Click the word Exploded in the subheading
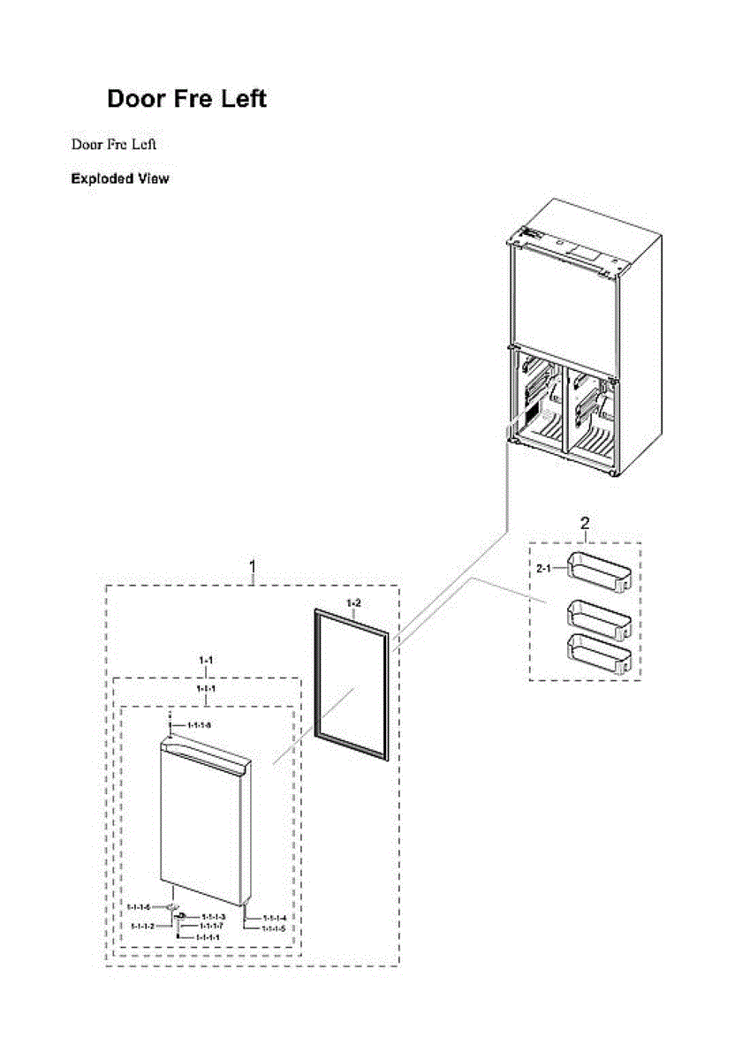click(101, 179)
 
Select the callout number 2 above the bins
click(585, 525)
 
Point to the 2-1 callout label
click(545, 568)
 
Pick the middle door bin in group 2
click(599, 615)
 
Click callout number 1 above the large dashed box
click(254, 565)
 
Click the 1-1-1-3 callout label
click(215, 917)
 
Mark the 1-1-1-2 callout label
click(143, 926)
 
